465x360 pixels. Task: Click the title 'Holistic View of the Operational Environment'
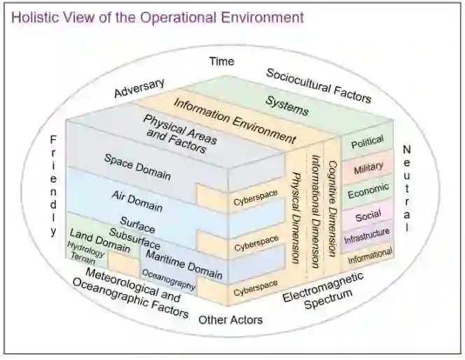(x=158, y=17)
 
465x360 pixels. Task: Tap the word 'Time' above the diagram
(x=222, y=62)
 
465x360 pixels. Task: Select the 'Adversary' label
(x=139, y=89)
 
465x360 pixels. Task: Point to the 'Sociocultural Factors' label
(x=319, y=85)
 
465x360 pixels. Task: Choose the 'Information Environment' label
(x=235, y=121)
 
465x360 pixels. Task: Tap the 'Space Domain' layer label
(x=138, y=167)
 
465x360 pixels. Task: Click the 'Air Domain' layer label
(x=137, y=201)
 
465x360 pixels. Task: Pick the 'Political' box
(x=367, y=143)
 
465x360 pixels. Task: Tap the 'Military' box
(x=368, y=168)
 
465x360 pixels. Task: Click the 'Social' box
(x=368, y=215)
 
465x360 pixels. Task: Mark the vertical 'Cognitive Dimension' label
(x=333, y=200)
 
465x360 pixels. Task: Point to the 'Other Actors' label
(x=230, y=320)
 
